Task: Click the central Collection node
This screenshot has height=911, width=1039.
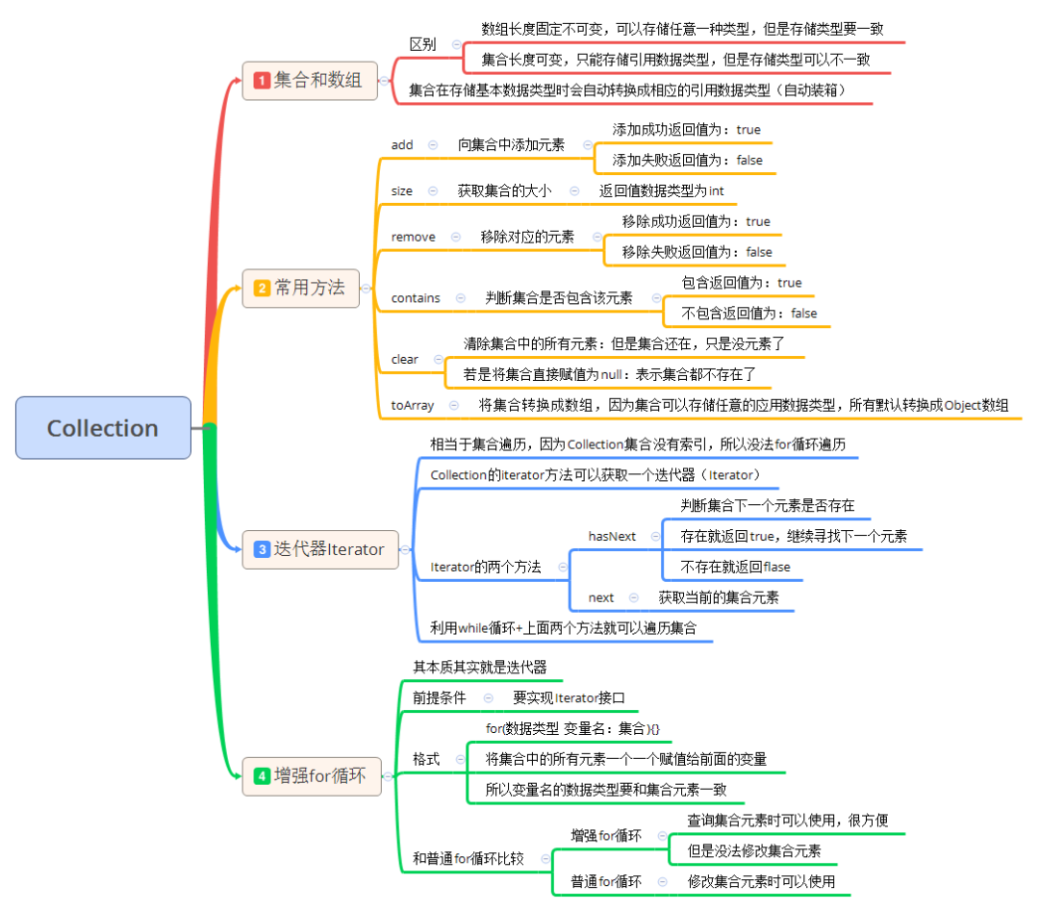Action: click(103, 428)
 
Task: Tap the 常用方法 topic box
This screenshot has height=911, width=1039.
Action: click(300, 288)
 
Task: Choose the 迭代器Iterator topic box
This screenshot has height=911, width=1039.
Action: click(319, 549)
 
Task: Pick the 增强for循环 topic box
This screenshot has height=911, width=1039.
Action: click(311, 775)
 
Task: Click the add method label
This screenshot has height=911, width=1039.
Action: click(402, 144)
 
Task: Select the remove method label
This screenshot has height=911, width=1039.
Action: click(413, 237)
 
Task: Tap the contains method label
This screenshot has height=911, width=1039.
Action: click(416, 298)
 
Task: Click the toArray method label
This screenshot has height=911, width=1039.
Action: click(412, 406)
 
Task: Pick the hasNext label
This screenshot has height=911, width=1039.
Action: click(612, 536)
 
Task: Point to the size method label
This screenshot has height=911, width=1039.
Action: click(402, 190)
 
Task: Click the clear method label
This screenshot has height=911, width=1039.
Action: click(405, 359)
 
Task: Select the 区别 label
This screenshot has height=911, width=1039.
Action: click(422, 43)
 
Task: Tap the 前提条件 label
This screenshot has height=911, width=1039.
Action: click(440, 697)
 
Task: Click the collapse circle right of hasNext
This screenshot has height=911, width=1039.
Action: click(655, 536)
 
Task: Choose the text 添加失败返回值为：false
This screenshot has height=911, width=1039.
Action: click(687, 160)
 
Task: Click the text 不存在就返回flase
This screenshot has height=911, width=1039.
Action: click(735, 567)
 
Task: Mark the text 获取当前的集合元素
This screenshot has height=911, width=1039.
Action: click(719, 597)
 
